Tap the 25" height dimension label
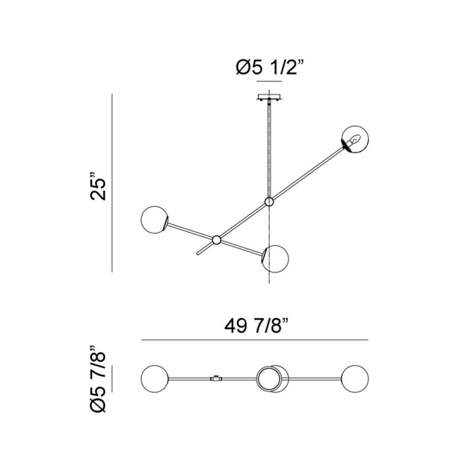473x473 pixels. [x=98, y=186]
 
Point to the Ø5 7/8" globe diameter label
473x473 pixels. [x=98, y=378]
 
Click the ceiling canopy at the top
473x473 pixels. [x=270, y=98]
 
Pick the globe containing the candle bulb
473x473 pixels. [x=355, y=139]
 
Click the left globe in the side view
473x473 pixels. [x=154, y=219]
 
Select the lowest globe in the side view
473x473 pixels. [x=275, y=259]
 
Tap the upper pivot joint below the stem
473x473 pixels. [x=269, y=202]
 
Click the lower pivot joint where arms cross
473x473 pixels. [x=216, y=240]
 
